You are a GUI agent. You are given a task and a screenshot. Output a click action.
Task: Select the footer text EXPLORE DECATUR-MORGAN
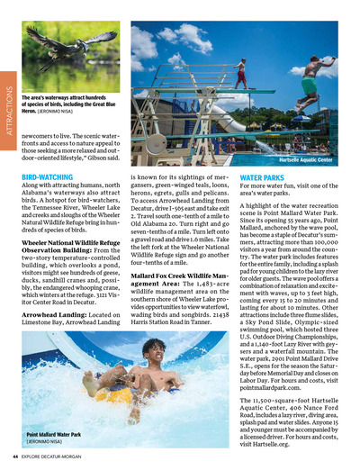[x=58, y=456]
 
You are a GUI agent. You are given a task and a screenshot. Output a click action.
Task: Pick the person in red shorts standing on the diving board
[x=240, y=72]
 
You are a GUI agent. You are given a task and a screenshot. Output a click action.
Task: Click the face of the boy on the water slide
[x=156, y=353]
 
